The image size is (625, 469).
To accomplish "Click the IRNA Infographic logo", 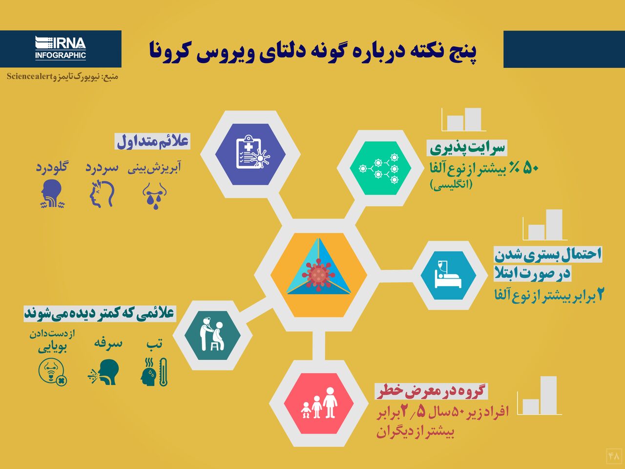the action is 61,48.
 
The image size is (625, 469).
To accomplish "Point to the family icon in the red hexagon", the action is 319,403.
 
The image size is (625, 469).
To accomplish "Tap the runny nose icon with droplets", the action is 155,195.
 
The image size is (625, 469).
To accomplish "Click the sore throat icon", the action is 52,193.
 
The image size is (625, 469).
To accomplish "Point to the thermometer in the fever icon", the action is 163,372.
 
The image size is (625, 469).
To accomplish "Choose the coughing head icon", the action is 104,372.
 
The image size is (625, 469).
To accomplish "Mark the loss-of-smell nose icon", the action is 53,372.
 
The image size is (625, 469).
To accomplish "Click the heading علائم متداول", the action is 153,141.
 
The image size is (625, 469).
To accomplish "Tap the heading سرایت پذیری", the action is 467,148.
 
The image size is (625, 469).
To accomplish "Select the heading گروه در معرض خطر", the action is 431,391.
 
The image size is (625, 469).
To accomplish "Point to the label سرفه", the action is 108,343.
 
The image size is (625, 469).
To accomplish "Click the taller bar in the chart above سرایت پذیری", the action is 473,119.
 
